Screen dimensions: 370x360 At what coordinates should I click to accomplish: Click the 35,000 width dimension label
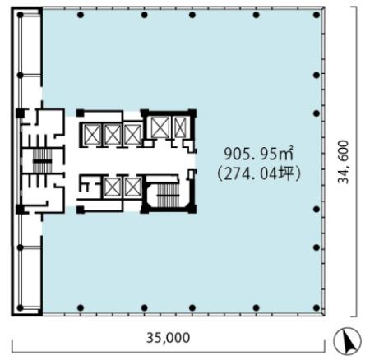(168, 338)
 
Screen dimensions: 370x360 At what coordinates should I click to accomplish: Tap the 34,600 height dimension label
(344, 162)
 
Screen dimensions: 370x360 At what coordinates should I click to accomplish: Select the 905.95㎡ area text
(259, 154)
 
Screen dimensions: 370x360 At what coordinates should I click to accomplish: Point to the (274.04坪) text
(259, 174)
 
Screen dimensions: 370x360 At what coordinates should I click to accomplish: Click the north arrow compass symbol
(347, 341)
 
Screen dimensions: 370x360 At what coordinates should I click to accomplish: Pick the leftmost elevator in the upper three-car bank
(92, 135)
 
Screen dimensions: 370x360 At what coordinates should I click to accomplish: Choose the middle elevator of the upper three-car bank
(113, 135)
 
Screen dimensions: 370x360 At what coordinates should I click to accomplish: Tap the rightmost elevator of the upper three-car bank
(132, 135)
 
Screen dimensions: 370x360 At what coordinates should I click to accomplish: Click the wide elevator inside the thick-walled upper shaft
(160, 127)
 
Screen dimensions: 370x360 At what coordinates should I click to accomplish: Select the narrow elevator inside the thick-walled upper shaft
(180, 127)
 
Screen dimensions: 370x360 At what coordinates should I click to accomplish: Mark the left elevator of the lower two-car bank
(113, 187)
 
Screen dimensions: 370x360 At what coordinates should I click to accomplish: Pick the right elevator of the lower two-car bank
(133, 187)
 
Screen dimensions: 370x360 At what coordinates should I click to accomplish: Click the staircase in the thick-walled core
(168, 195)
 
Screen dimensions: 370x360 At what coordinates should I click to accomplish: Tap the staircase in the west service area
(43, 161)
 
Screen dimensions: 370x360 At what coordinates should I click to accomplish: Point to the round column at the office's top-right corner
(317, 15)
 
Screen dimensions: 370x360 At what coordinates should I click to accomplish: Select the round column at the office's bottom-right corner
(317, 307)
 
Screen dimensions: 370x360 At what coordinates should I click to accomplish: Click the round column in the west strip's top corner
(20, 15)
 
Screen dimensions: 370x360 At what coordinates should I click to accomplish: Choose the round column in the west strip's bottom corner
(20, 307)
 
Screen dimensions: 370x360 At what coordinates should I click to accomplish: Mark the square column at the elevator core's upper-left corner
(80, 113)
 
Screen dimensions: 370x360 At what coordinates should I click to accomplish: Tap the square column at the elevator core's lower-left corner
(80, 210)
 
